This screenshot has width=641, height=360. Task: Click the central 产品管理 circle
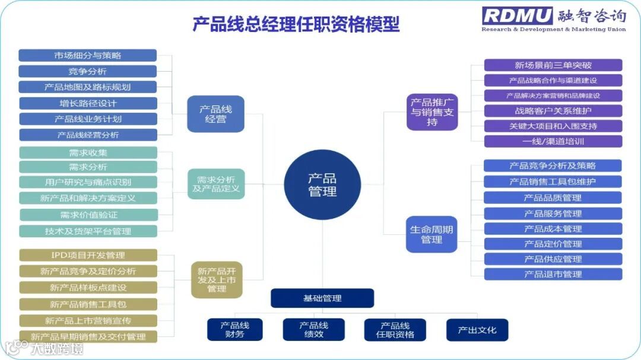(322, 184)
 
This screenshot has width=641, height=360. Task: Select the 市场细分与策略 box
(88, 56)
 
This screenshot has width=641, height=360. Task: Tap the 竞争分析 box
(88, 72)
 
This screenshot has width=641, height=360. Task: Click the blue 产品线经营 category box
(215, 114)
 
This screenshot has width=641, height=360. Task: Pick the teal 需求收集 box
(88, 152)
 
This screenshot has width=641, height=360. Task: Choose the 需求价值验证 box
(88, 215)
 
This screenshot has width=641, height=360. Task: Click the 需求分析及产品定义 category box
(216, 184)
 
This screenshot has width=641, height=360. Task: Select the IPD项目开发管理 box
(88, 256)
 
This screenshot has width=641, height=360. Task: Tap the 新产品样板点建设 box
(88, 288)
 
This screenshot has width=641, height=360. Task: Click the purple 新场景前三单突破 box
(553, 65)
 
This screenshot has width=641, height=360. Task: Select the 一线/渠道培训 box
(553, 141)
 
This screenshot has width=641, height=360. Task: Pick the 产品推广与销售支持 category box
(432, 111)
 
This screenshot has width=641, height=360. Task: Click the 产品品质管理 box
(553, 197)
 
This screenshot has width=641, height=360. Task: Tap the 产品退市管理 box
(553, 274)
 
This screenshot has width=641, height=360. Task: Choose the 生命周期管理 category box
(431, 234)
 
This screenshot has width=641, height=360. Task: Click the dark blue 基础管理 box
(322, 298)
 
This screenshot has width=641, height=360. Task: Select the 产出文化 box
(477, 330)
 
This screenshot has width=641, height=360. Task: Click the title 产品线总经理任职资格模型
(296, 24)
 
